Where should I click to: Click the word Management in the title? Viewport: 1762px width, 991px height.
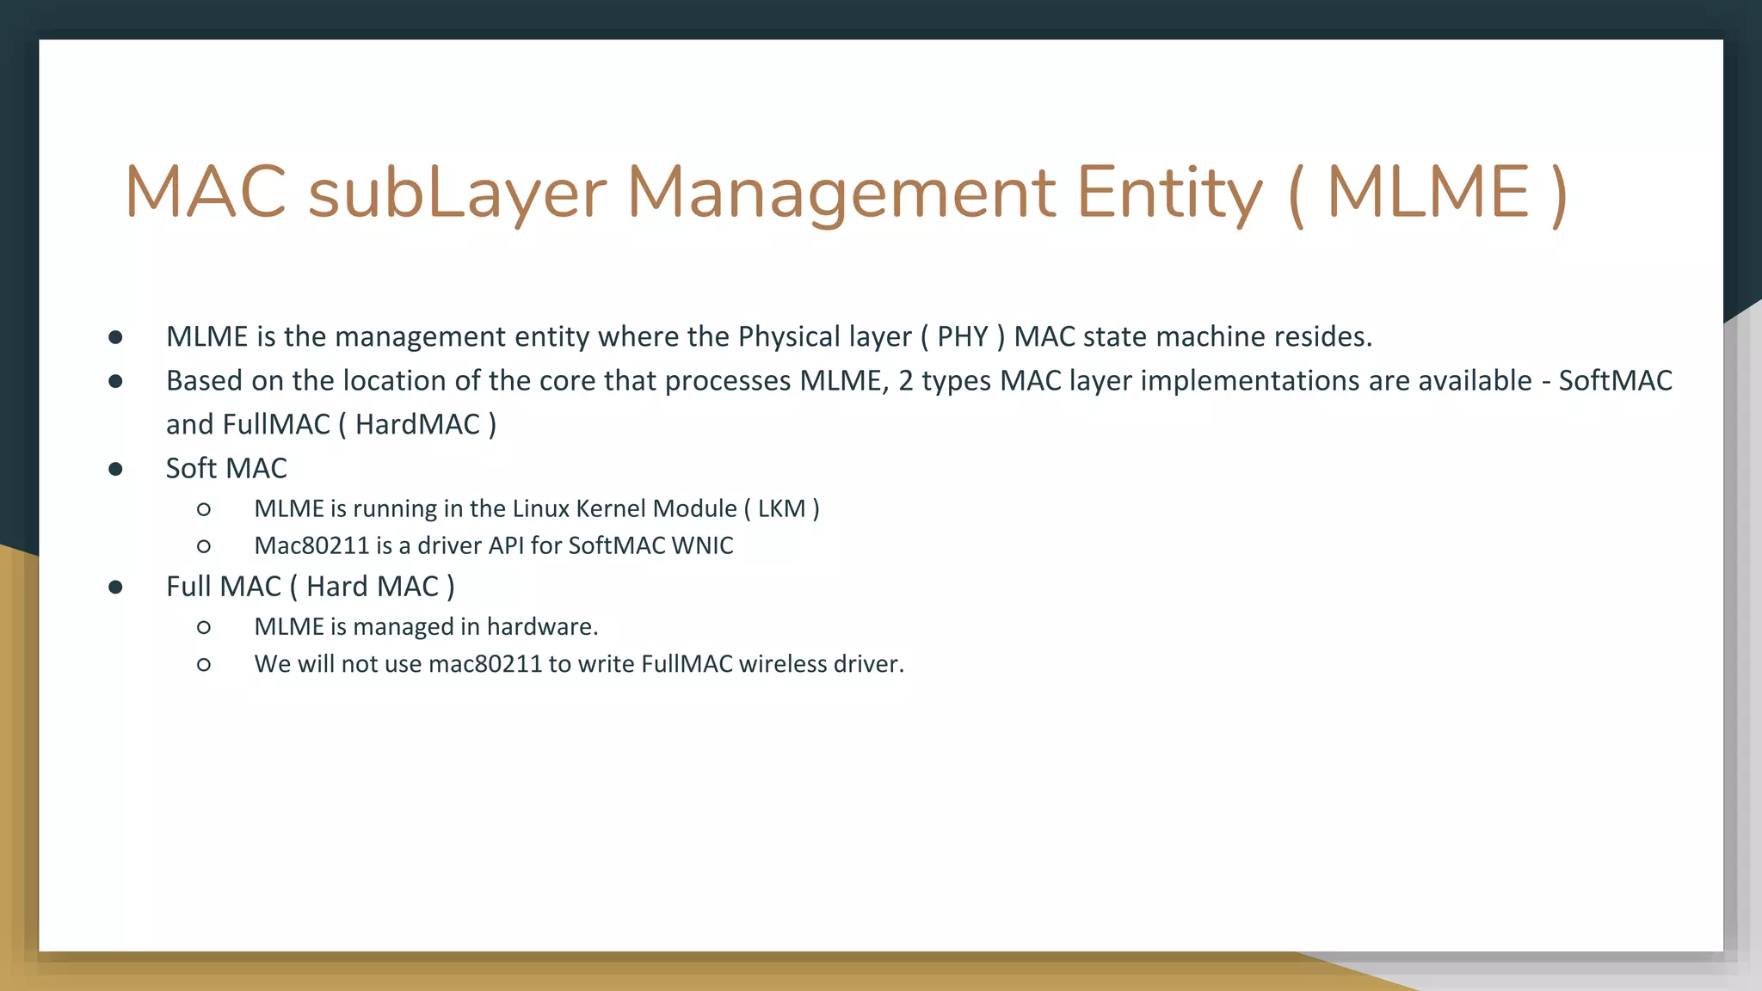(x=841, y=193)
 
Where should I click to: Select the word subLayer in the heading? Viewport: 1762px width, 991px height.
(x=457, y=193)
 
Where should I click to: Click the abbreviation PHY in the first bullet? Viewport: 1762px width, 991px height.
(x=962, y=336)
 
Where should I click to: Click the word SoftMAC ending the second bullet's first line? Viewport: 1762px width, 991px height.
(x=1615, y=380)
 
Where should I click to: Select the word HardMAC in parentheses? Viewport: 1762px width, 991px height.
(x=417, y=424)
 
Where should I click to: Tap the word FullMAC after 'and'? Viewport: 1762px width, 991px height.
(x=276, y=424)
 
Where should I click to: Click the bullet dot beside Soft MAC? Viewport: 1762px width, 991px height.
(x=116, y=469)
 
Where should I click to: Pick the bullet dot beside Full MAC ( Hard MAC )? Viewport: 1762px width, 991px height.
(x=116, y=587)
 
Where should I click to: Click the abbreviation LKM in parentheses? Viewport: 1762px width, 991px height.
(x=781, y=508)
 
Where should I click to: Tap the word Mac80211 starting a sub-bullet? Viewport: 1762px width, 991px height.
(x=311, y=545)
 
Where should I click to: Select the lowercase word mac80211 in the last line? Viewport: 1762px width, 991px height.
(x=485, y=664)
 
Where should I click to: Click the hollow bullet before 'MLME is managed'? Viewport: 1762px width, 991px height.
(x=204, y=627)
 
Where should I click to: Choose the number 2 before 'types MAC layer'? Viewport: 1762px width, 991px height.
(x=905, y=380)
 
